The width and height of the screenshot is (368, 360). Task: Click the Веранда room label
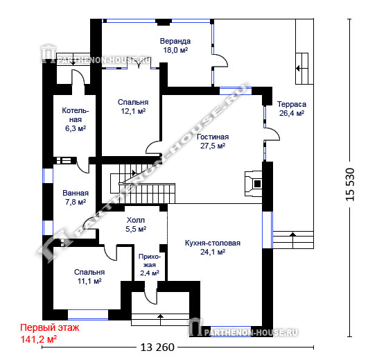(x=175, y=41)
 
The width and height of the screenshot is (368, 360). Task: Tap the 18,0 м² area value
(x=175, y=50)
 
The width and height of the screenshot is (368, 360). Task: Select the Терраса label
(x=292, y=104)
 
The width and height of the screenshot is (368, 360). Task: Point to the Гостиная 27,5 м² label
(x=213, y=141)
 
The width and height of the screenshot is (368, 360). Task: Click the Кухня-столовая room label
(x=213, y=243)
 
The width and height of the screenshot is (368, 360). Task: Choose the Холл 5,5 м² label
(x=136, y=225)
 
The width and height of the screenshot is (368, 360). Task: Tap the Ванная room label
(x=76, y=193)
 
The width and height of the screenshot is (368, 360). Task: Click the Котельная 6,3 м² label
(x=76, y=119)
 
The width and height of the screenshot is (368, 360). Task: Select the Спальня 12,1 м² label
(x=133, y=107)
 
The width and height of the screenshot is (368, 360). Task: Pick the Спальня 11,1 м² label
(x=89, y=277)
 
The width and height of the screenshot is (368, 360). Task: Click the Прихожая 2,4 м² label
(x=150, y=265)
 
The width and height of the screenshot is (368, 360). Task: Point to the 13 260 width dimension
(x=157, y=347)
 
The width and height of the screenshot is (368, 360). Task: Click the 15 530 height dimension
(x=350, y=185)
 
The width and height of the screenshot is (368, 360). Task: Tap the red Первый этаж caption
(x=50, y=327)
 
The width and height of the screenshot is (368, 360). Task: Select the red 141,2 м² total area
(x=39, y=339)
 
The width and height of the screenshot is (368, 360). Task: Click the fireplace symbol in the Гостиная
(x=254, y=184)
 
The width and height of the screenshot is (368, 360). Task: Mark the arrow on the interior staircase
(x=134, y=173)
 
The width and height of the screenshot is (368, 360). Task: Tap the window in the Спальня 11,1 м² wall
(x=88, y=315)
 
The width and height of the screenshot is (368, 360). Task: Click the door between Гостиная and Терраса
(x=272, y=135)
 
